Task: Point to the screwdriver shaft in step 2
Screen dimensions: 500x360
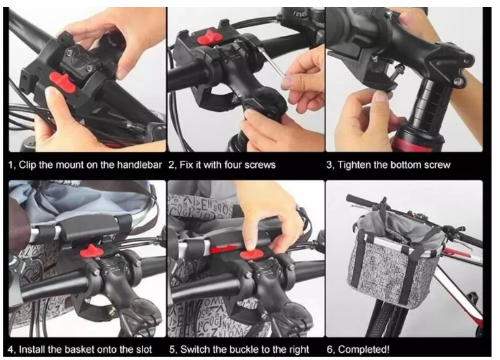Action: [272, 62]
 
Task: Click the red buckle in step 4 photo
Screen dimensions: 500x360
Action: [92, 251]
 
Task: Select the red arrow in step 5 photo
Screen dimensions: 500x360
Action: [223, 249]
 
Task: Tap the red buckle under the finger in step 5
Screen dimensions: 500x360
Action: [252, 254]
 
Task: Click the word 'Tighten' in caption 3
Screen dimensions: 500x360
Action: [354, 165]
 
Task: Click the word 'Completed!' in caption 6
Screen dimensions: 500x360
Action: [363, 350]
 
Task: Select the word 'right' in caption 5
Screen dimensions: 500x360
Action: [298, 350]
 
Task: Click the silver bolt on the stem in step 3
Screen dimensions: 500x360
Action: [458, 81]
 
